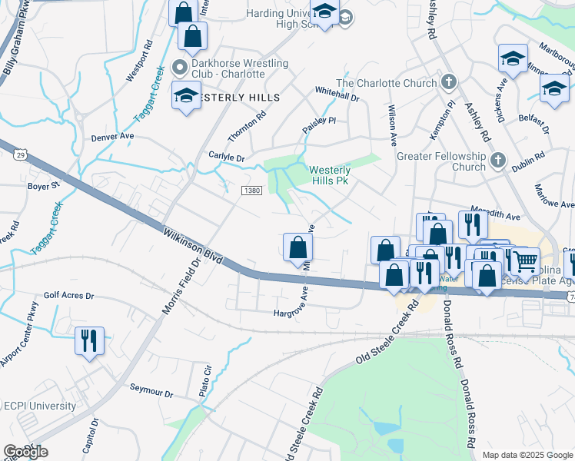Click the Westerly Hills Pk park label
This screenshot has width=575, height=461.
(330, 175)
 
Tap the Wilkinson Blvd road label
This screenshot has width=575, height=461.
(193, 245)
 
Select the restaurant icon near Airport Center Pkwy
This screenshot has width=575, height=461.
(89, 340)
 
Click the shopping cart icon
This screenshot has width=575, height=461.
(526, 262)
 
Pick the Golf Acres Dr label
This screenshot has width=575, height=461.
(68, 295)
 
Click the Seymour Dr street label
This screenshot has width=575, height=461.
(151, 392)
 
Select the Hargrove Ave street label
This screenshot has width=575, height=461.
(296, 313)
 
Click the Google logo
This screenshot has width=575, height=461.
(25, 452)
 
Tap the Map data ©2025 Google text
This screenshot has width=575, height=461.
(527, 455)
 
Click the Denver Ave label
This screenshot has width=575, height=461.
(112, 137)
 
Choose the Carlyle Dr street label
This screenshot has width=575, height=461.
(226, 157)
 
